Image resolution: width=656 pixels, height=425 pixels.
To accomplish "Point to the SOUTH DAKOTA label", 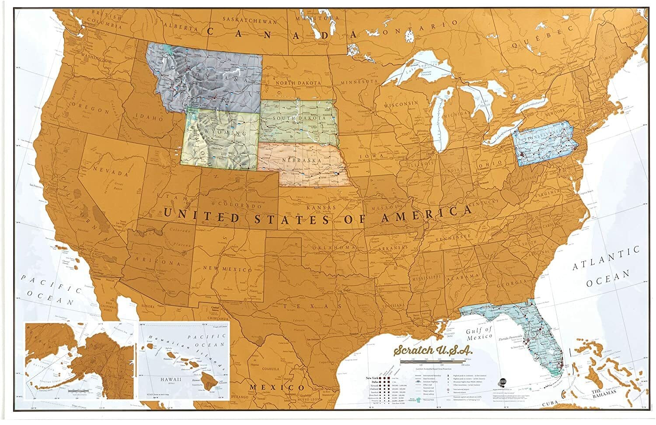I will pyautogui.click(x=299, y=119).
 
